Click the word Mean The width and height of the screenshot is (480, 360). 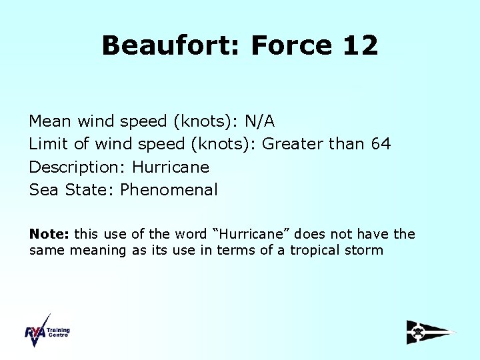51,121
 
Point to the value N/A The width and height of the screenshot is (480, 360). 259,121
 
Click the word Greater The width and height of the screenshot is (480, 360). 293,144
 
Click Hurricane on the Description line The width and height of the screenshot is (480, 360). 171,167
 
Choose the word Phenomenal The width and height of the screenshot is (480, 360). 169,189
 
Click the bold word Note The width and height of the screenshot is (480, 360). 49,234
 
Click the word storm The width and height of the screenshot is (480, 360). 363,251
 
